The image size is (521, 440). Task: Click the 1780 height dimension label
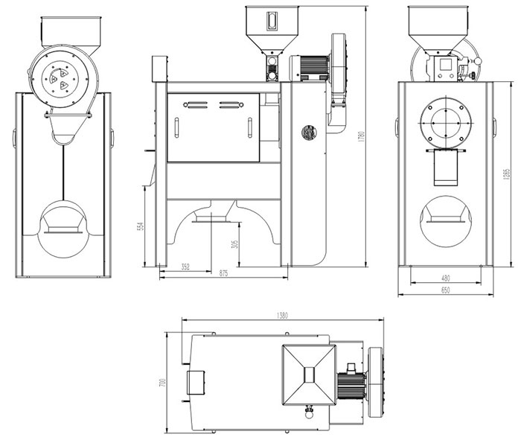(359, 137)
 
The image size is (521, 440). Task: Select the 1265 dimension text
(506, 173)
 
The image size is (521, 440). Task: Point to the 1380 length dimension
(282, 316)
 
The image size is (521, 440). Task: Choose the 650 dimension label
(444, 290)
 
